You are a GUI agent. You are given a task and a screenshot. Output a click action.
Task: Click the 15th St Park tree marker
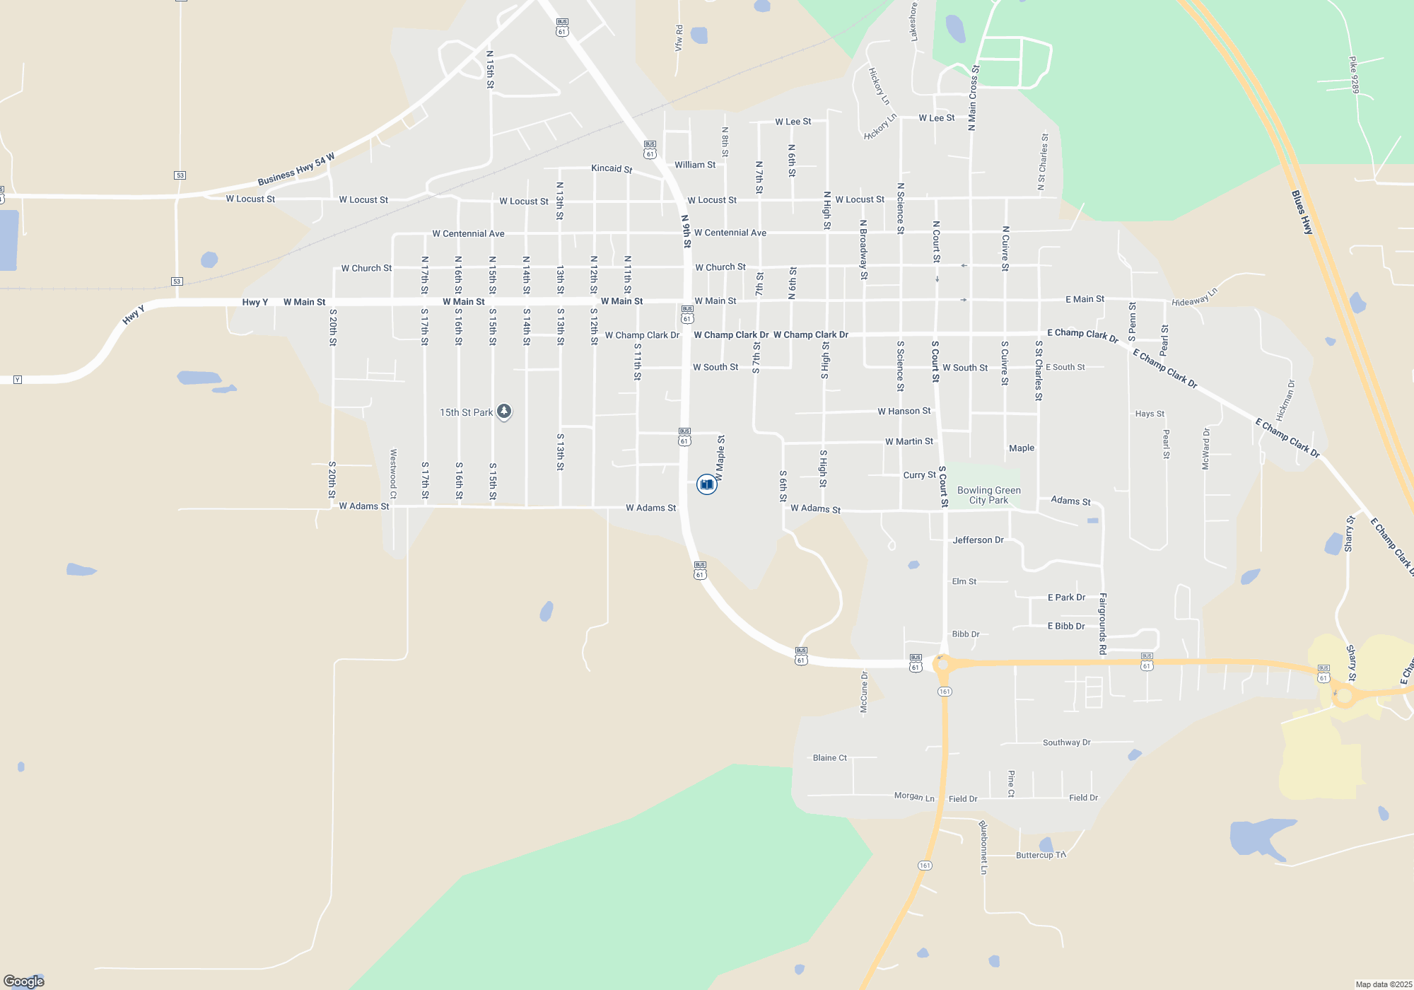click(503, 411)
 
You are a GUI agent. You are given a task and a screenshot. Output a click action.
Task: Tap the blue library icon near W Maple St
click(706, 484)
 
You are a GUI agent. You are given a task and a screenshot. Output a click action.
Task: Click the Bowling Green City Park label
click(988, 495)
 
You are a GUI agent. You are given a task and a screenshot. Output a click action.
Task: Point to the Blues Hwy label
click(1302, 212)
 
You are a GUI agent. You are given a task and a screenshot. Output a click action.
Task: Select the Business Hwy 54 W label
click(296, 170)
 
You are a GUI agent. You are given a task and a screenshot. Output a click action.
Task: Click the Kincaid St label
click(612, 168)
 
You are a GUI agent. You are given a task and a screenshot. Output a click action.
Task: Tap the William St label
click(694, 165)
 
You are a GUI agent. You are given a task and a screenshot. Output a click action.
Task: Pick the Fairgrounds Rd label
click(1102, 624)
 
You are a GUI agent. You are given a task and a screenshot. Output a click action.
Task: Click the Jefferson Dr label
click(978, 540)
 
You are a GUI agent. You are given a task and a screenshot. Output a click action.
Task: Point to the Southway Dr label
click(1066, 742)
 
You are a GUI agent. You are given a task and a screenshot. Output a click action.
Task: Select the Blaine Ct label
click(829, 757)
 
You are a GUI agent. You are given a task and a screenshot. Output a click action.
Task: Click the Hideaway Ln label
click(1195, 298)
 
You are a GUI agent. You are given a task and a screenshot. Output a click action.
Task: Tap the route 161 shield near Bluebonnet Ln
click(925, 866)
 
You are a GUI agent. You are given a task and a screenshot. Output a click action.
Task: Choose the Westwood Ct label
click(394, 474)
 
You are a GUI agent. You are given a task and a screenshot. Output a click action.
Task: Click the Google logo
click(24, 981)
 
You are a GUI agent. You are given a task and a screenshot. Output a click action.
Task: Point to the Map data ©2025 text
click(1383, 984)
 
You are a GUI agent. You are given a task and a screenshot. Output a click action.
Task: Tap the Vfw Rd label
click(679, 38)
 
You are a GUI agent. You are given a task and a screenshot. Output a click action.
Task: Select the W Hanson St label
click(904, 411)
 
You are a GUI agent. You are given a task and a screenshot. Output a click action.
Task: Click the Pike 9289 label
click(1354, 75)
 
